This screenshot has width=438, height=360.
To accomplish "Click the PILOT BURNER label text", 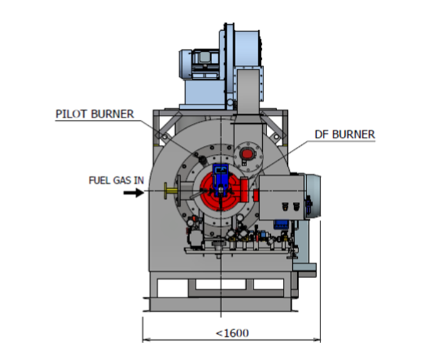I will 95,114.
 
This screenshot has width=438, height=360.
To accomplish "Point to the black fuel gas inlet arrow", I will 132,192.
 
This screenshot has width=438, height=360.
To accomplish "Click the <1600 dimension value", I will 232,332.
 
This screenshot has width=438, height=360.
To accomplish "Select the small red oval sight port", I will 247,153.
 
